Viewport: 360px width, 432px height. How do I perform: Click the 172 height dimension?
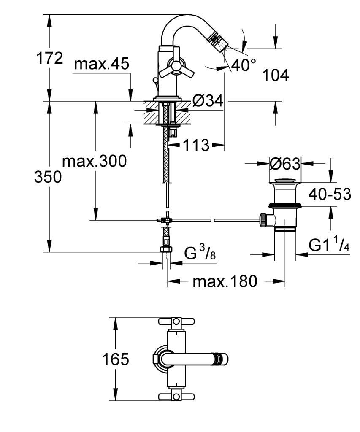(50, 58)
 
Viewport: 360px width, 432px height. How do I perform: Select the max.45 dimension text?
(102, 64)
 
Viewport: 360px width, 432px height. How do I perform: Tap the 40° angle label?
(244, 65)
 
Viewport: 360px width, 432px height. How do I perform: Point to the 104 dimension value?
(275, 75)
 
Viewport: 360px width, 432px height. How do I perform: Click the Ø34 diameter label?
(208, 101)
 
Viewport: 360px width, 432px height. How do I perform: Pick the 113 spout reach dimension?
(196, 145)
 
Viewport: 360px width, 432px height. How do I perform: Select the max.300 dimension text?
(95, 161)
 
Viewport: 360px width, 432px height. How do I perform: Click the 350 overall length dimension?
(48, 177)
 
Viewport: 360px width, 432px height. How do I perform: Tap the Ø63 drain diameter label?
(285, 164)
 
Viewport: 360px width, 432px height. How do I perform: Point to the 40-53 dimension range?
(330, 194)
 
